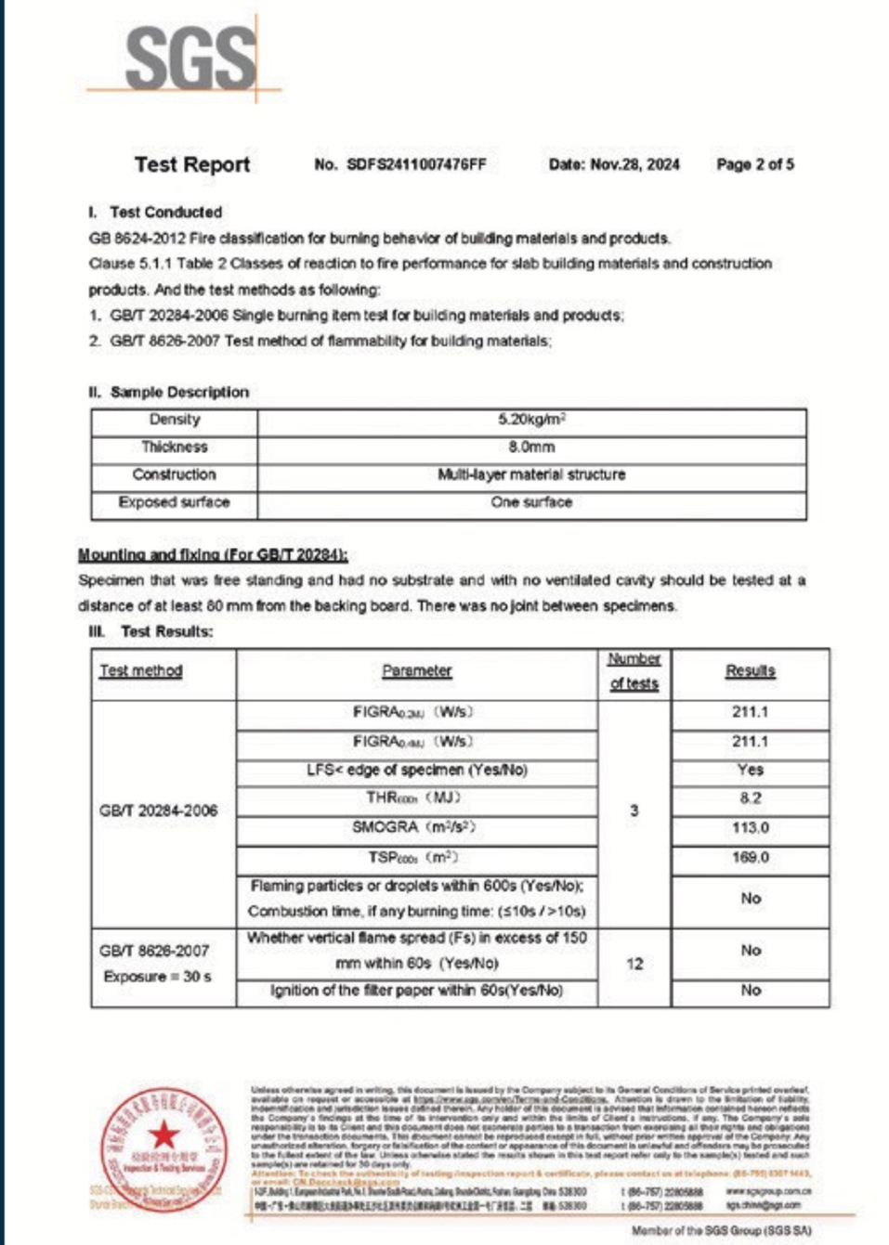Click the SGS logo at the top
[190, 58]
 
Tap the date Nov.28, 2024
[634, 164]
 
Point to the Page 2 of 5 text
[754, 164]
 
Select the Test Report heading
[192, 164]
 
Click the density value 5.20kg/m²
[531, 420]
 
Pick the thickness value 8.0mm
[531, 447]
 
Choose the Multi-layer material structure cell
[531, 474]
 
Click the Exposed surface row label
[174, 502]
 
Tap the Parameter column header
[416, 670]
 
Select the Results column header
[750, 670]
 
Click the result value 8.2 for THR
[750, 798]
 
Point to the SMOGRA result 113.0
[750, 827]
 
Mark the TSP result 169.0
[750, 857]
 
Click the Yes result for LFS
[750, 770]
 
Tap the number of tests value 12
[634, 964]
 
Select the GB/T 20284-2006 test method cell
[158, 811]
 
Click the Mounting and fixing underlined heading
[213, 554]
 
